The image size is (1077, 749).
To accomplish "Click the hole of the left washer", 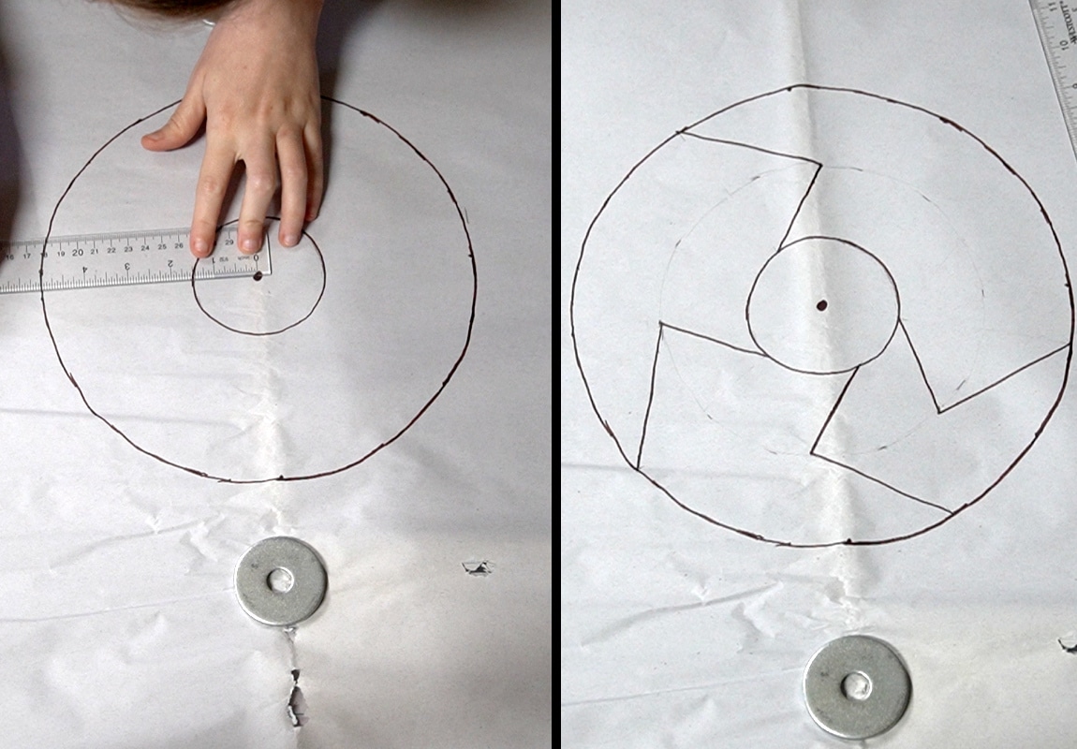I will (x=280, y=580).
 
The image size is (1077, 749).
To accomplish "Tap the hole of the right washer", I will (x=856, y=686).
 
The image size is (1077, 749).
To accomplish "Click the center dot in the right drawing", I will (x=822, y=305).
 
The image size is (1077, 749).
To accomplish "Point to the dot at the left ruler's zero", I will (x=258, y=275).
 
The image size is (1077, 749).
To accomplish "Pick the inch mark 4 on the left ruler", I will (x=85, y=269).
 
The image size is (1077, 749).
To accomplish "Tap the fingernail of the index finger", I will (x=201, y=246).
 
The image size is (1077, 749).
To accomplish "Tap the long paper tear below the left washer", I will (x=296, y=693).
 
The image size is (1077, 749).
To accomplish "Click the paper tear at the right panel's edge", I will (x=1068, y=642).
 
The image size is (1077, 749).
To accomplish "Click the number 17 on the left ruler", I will (x=27, y=255).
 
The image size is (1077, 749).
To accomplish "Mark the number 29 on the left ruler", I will (x=231, y=242).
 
